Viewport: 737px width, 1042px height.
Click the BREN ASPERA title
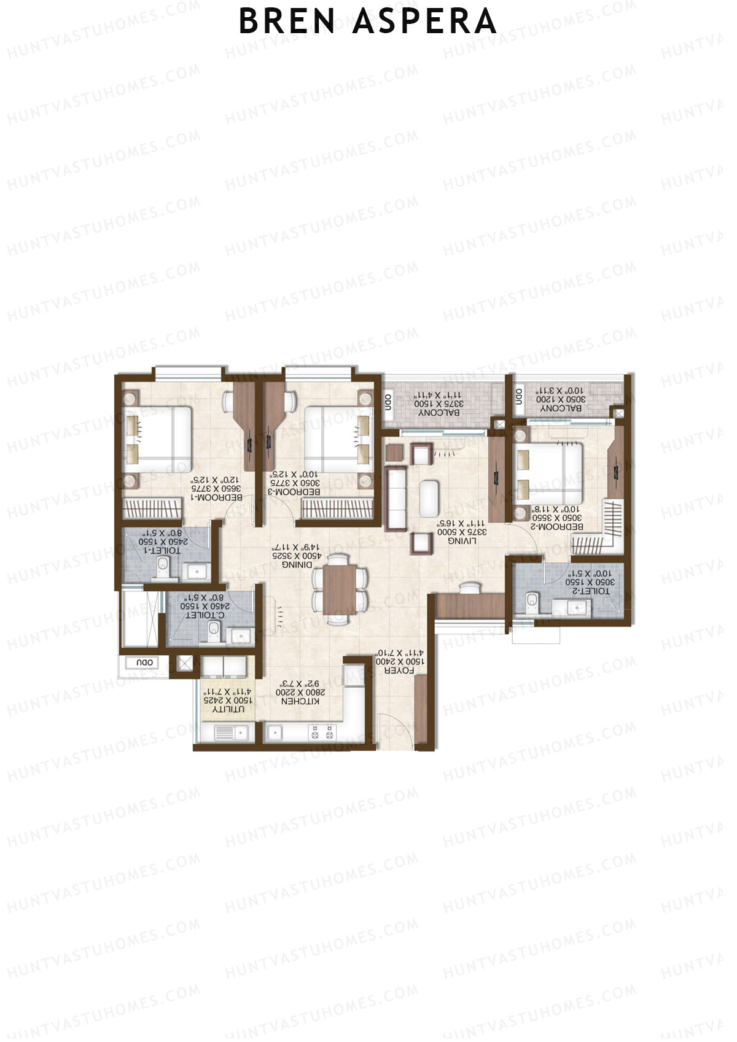point(367,21)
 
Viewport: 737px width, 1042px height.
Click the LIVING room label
point(461,541)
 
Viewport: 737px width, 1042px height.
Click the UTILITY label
point(228,709)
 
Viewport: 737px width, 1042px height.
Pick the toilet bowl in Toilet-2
point(532,599)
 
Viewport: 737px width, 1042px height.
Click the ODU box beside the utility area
point(145,663)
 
